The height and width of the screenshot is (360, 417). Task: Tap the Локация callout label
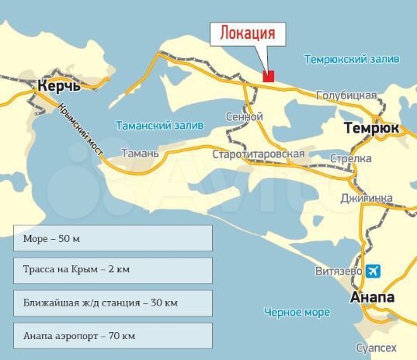248,34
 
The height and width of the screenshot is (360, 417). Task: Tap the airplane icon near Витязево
374,271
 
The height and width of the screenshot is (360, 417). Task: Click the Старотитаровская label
259,154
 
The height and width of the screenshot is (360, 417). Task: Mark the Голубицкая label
346,95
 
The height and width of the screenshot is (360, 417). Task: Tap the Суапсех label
375,348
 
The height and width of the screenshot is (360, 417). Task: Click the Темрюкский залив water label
352,59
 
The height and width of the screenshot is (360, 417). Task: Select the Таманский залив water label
159,125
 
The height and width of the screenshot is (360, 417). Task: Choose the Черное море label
297,312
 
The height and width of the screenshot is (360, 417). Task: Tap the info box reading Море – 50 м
113,237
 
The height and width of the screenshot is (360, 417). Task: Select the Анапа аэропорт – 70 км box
113,335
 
